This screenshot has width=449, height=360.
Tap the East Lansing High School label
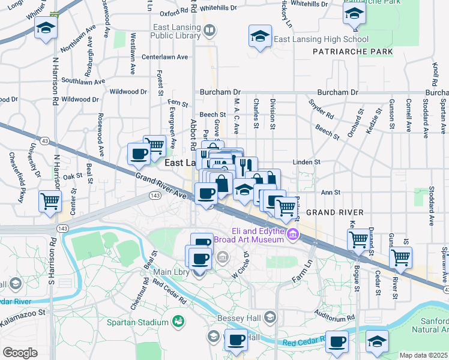[x=321, y=40]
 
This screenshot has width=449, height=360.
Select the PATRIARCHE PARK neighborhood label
[x=353, y=52]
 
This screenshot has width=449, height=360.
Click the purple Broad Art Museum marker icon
[x=293, y=234]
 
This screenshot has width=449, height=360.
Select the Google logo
[x=20, y=352]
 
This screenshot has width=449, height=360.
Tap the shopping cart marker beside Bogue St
[x=358, y=239]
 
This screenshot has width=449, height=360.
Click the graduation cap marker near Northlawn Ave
[x=46, y=28]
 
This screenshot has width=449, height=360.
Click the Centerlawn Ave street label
[x=164, y=57]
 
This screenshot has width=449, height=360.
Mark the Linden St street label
[x=307, y=162]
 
